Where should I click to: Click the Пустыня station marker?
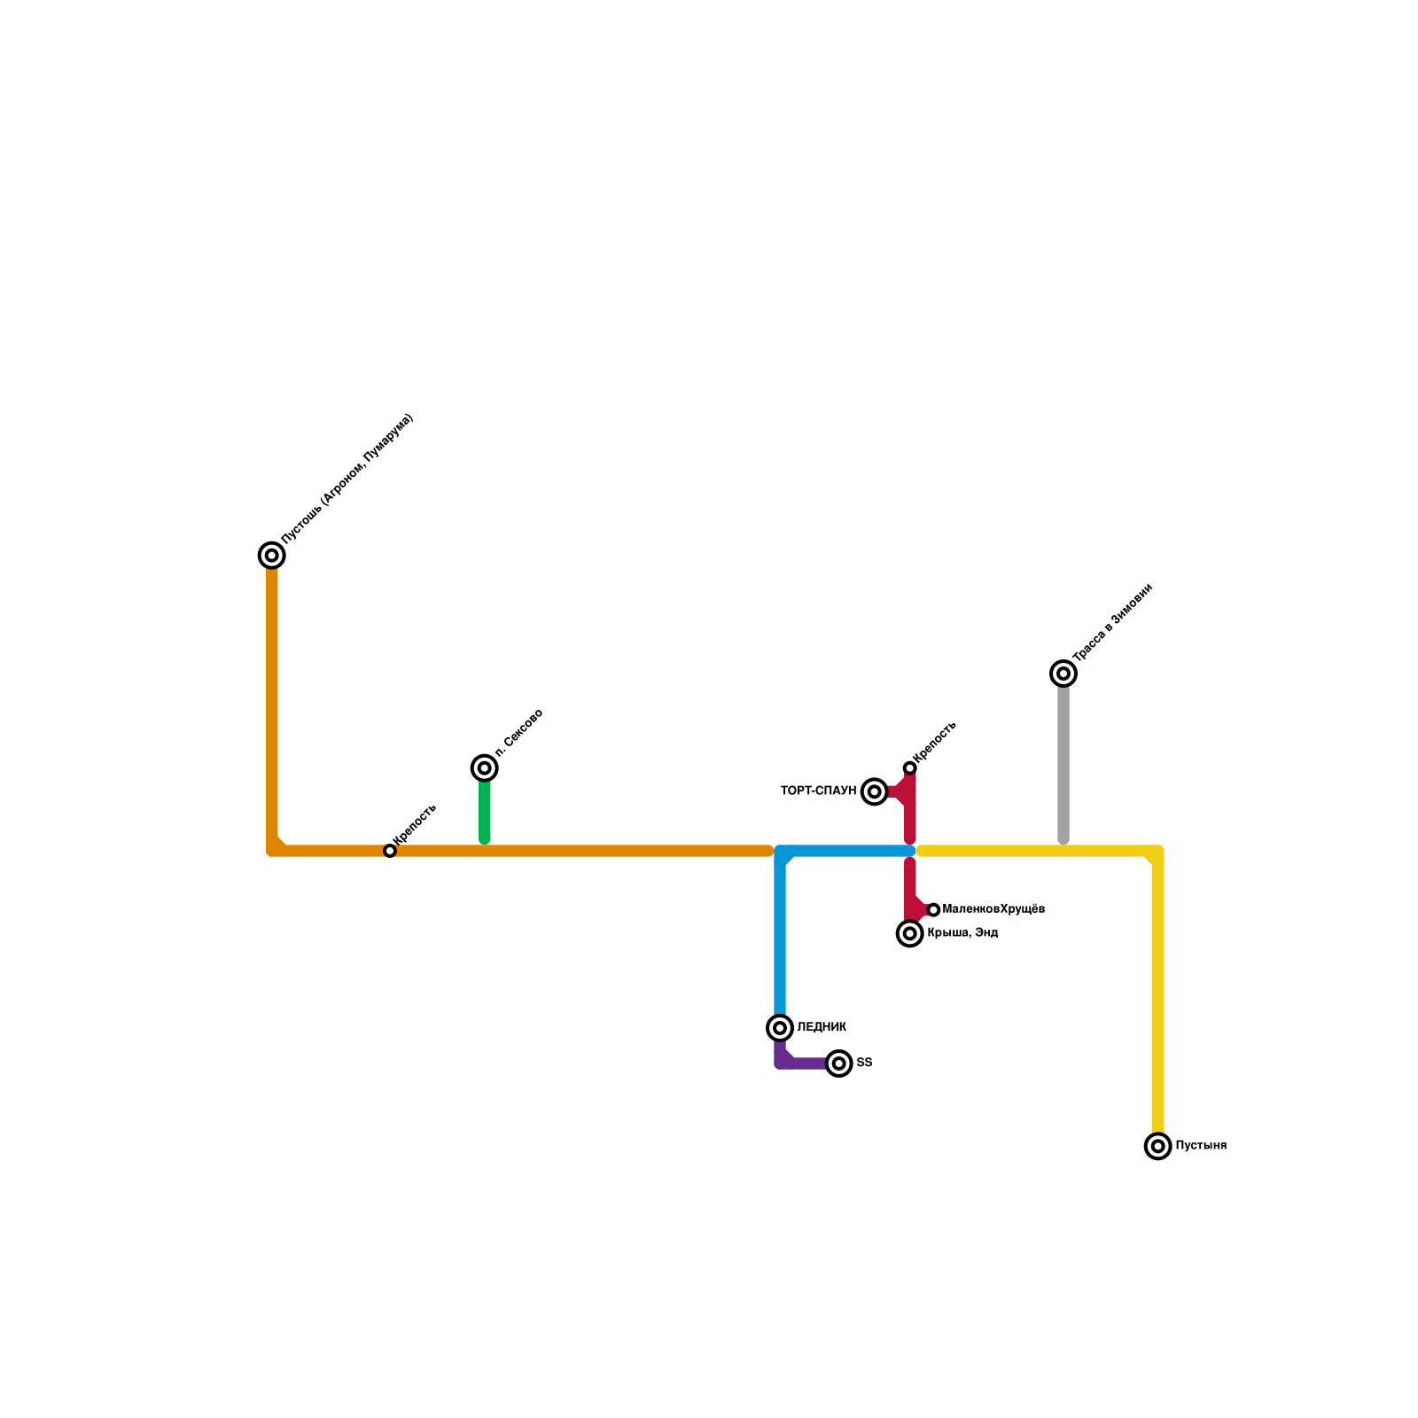coord(1157,1146)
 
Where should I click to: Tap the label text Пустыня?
coord(1201,1146)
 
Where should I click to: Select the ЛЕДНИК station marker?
coord(780,1028)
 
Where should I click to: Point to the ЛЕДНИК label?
coord(822,1028)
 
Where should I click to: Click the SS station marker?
coord(839,1063)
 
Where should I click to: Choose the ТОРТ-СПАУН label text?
coord(818,791)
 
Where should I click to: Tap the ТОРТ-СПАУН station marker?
coord(875,791)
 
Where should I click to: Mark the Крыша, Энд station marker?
coord(910,933)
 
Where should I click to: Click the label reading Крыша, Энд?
coord(962,933)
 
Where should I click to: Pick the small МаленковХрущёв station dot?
coord(933,910)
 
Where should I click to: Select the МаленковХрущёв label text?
coord(993,909)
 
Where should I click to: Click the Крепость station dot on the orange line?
coord(390,851)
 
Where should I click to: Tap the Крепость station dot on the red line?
coord(909,767)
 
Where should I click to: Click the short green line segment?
coord(485,811)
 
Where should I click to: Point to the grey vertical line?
coord(1063,762)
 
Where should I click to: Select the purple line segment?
coord(802,1063)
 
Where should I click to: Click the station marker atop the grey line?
coord(1063,674)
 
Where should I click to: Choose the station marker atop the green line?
coord(485,768)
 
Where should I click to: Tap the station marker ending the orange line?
coord(272,556)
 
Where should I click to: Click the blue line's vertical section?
coord(780,939)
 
